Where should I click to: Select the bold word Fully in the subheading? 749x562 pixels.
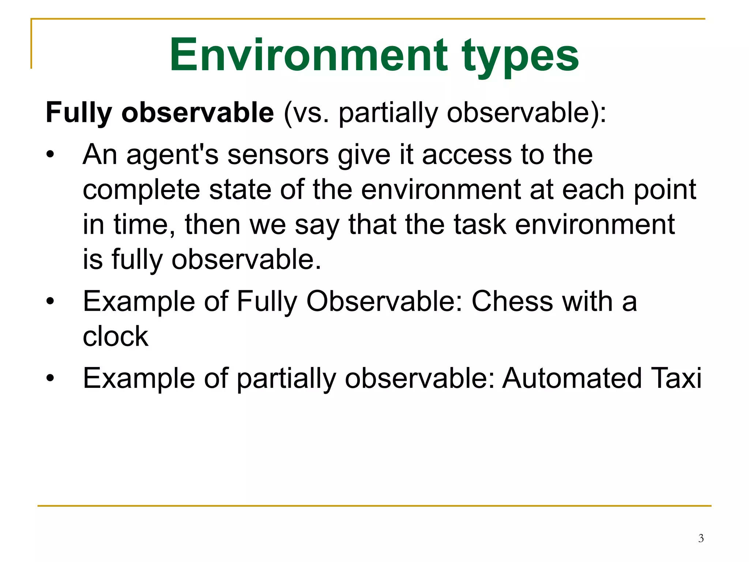(x=79, y=113)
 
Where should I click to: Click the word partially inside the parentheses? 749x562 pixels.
(x=388, y=113)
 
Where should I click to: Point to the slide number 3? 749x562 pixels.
(x=701, y=538)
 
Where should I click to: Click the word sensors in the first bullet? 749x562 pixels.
(x=278, y=155)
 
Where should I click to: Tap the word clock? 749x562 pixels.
(x=116, y=336)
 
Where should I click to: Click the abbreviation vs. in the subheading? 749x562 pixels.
(x=311, y=113)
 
